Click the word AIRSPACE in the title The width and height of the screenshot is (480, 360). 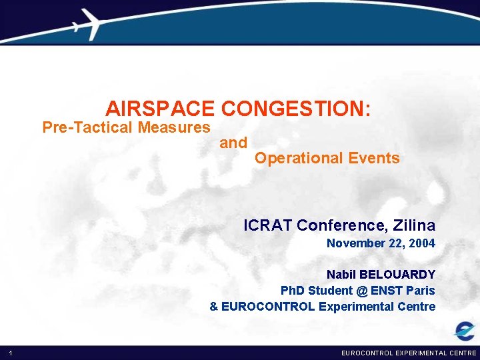click(x=160, y=109)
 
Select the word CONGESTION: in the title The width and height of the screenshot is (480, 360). click(x=296, y=109)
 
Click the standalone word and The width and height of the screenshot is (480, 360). click(x=233, y=143)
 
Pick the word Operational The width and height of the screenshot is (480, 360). click(x=298, y=158)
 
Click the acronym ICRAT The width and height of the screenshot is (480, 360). click(x=268, y=225)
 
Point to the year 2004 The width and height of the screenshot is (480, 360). click(x=422, y=244)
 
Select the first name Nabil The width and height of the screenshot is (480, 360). click(x=341, y=275)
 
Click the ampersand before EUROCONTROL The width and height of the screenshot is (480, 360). click(x=213, y=307)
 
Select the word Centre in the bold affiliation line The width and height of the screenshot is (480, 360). click(x=417, y=307)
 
